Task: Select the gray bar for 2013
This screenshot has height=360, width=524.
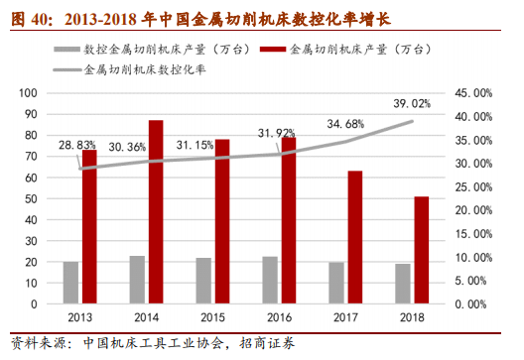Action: [x=70, y=284]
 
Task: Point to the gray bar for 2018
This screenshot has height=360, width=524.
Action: [x=402, y=285]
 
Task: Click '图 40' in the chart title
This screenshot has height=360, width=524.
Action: [x=28, y=13]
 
